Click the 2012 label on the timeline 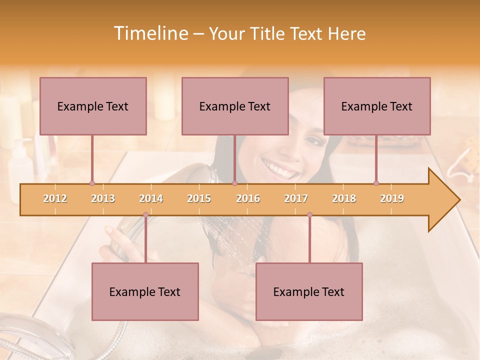pyautogui.click(x=55, y=199)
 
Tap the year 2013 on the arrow pyautogui.click(x=103, y=199)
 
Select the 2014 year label pyautogui.click(x=151, y=199)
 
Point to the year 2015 pyautogui.click(x=199, y=199)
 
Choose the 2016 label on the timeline pyautogui.click(x=248, y=199)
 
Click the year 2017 pyautogui.click(x=296, y=199)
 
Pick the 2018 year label pyautogui.click(x=344, y=199)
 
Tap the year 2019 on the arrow pyautogui.click(x=392, y=199)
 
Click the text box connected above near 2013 pyautogui.click(x=93, y=106)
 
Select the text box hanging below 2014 pyautogui.click(x=145, y=291)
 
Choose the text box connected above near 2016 pyautogui.click(x=235, y=106)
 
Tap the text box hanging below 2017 pyautogui.click(x=309, y=291)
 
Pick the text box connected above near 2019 pyautogui.click(x=377, y=106)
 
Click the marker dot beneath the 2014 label pyautogui.click(x=145, y=215)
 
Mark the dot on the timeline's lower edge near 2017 pyautogui.click(x=309, y=215)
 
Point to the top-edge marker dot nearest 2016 pyautogui.click(x=234, y=183)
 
